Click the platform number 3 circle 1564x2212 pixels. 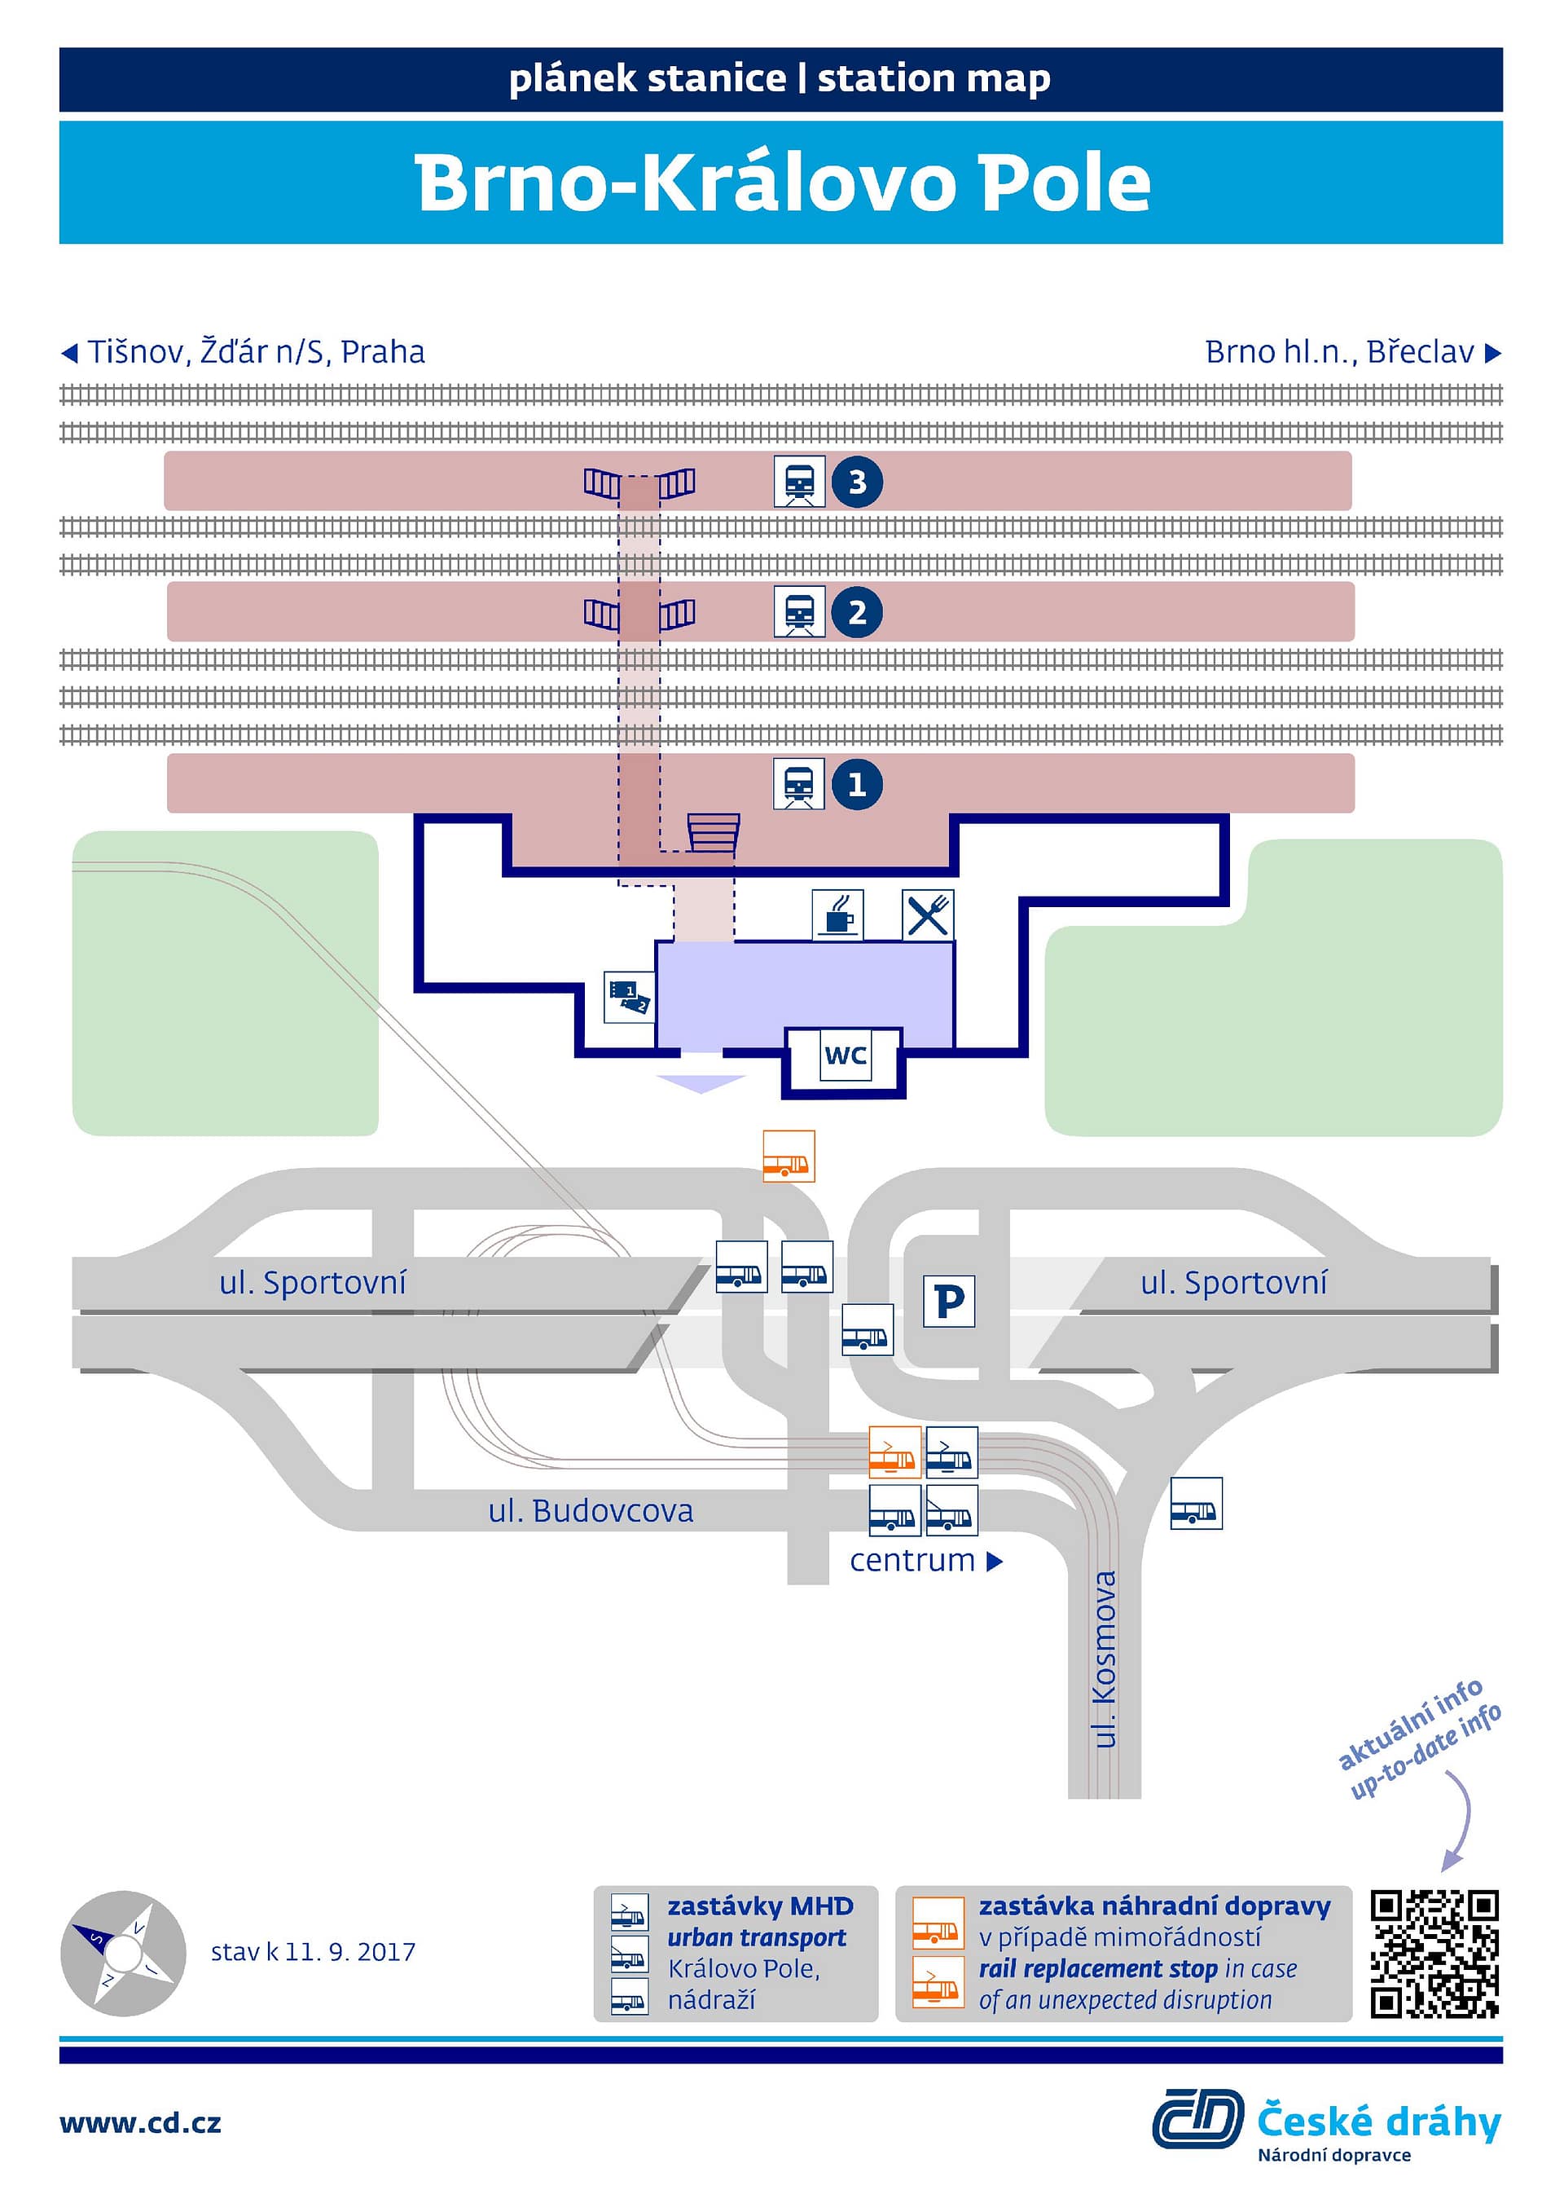coord(857,482)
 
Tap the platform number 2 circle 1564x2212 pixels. coord(857,612)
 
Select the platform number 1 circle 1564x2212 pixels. coord(857,784)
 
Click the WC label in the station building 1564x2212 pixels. coord(846,1056)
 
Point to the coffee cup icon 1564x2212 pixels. coord(838,915)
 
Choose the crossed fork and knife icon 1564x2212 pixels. coord(929,915)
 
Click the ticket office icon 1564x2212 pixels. coord(630,997)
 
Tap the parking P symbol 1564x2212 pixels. coord(950,1302)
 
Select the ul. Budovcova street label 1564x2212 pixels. coord(591,1510)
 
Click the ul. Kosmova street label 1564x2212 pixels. coord(1105,1659)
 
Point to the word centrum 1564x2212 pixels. coord(912,1561)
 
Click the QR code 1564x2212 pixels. coord(1435,1954)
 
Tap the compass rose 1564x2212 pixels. coord(123,1953)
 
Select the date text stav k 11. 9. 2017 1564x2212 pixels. coord(313,1952)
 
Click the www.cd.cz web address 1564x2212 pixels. coord(141,2123)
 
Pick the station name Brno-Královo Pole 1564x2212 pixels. coord(782,183)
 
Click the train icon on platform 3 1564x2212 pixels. coord(799,482)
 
